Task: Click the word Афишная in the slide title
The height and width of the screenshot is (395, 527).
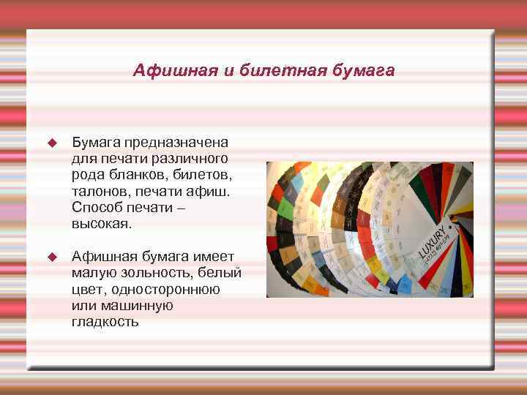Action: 165,71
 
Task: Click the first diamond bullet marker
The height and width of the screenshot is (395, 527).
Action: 51,141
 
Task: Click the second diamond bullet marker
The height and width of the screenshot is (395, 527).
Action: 51,257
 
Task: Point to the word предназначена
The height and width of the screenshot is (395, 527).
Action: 176,141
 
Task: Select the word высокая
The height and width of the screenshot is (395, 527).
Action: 102,225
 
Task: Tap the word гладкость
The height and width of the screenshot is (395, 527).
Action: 105,321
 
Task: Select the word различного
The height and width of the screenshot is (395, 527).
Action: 191,158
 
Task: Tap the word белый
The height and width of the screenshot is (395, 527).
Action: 223,273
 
